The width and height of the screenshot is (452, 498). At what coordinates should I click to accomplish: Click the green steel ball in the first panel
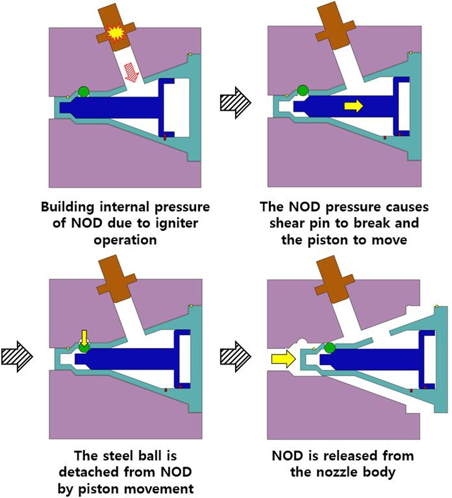point(84,92)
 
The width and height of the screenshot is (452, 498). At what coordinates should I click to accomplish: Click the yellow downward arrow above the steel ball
point(84,338)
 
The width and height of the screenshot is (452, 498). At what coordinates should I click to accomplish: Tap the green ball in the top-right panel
point(303,90)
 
